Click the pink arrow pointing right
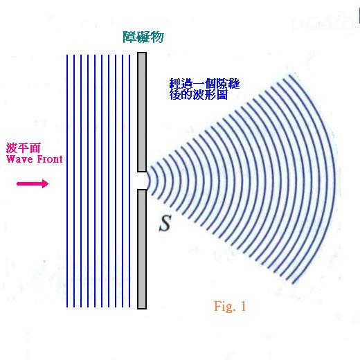coord(33,183)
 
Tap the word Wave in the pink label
coord(19,159)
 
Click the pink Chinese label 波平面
coord(24,148)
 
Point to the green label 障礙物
coord(143,37)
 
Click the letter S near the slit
coord(165,223)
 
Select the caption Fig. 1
coord(230,306)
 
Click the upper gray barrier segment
coord(142,112)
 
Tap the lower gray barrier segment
coord(142,249)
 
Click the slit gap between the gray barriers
coord(142,181)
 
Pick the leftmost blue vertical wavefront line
coord(67,181)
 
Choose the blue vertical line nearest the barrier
coord(129,181)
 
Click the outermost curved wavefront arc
coord(334,178)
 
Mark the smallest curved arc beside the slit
coord(150,181)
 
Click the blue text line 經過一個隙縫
coord(205,84)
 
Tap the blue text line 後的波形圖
coord(199,95)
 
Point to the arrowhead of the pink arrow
coord(45,183)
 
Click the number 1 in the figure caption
coord(243,306)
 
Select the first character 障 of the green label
coord(129,37)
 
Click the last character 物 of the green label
coord(157,37)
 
